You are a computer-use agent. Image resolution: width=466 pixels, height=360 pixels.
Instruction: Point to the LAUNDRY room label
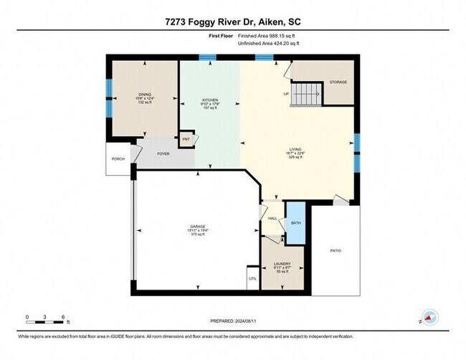tap(282, 263)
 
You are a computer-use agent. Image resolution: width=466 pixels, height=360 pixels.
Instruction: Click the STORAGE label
tap(338, 82)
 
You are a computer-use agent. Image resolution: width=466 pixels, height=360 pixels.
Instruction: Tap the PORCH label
tap(117, 159)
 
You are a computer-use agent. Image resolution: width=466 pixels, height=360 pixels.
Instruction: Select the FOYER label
tap(163, 153)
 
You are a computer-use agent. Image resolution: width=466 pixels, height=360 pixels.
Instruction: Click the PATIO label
tap(335, 250)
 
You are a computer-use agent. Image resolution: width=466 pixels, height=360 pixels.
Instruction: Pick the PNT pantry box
tap(186, 138)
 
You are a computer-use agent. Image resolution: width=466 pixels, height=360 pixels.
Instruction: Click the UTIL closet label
tap(252, 278)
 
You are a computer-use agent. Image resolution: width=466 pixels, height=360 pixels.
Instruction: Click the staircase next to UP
tap(308, 93)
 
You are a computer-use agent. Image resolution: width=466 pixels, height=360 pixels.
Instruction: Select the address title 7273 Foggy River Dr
tap(232, 22)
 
